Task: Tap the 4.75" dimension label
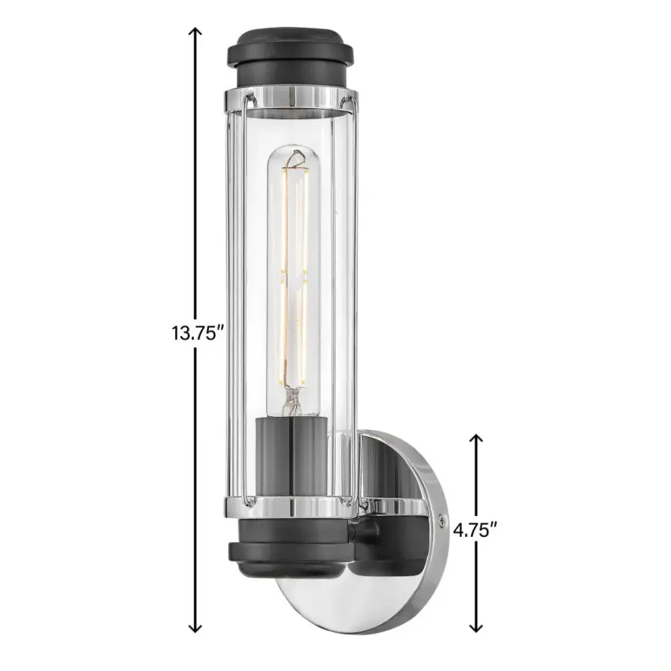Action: click(x=476, y=529)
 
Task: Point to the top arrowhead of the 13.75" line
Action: click(x=196, y=31)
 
